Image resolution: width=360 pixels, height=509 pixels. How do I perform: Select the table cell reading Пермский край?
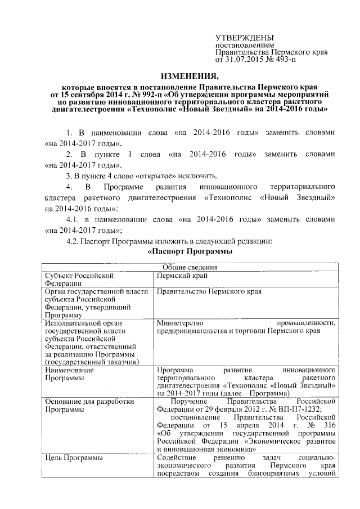181,276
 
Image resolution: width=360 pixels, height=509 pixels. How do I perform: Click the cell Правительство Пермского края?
209,292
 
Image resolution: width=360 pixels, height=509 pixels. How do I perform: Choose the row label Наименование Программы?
69,375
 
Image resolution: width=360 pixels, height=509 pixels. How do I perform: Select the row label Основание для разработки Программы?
82,406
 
